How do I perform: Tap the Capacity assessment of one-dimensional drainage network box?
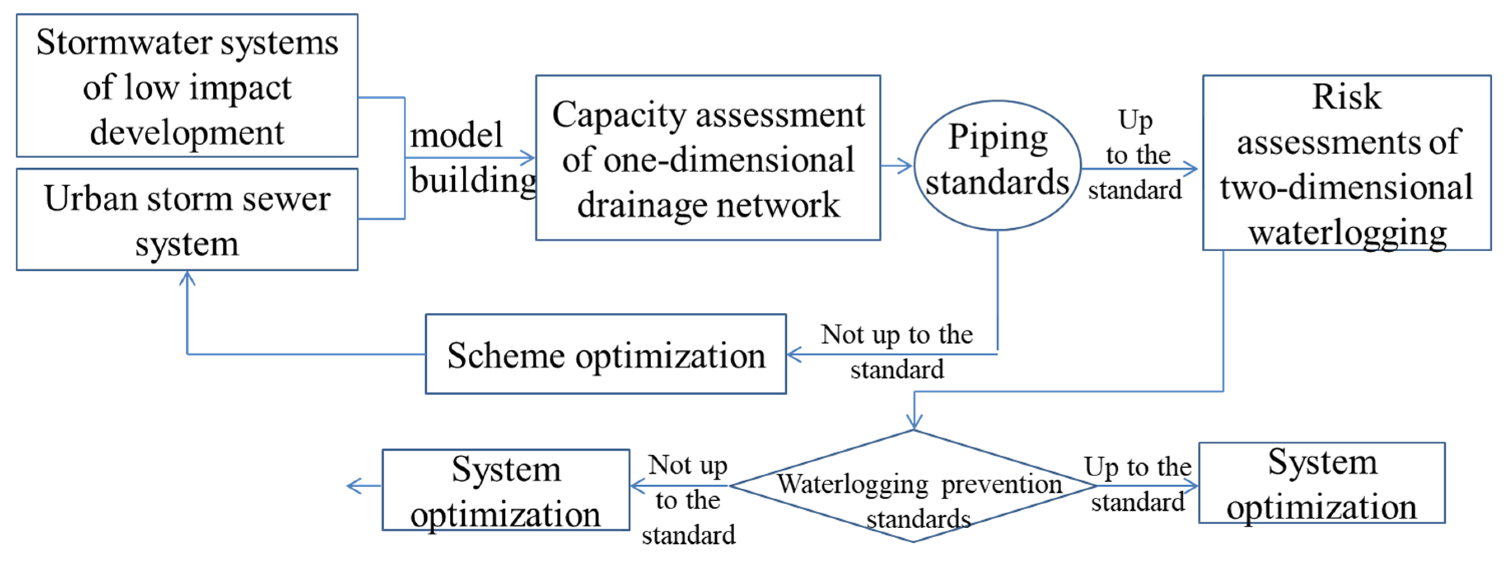[708, 158]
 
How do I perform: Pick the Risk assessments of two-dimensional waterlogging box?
[1346, 163]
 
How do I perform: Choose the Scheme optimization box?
[605, 354]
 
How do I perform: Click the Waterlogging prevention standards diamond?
[913, 486]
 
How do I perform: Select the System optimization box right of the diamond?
[1322, 483]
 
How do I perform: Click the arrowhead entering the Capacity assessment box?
[528, 157]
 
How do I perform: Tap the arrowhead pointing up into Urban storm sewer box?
[187, 278]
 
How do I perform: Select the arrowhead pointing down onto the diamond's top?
[914, 421]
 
